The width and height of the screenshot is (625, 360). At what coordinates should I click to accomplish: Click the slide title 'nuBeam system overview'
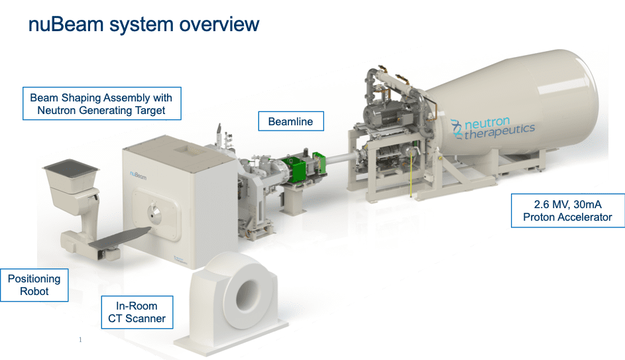[144, 25]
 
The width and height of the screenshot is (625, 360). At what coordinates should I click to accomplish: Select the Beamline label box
[291, 121]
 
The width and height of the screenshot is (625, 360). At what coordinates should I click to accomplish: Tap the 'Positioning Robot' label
[34, 285]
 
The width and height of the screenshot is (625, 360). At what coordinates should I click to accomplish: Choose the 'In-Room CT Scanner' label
[137, 312]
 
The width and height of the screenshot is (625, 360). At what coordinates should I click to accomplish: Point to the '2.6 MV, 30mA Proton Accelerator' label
[567, 211]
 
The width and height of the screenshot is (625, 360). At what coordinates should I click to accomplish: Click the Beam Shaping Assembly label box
[101, 103]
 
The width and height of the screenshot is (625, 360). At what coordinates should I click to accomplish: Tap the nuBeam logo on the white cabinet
[138, 175]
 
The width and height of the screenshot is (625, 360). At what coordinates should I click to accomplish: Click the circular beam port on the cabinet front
[154, 213]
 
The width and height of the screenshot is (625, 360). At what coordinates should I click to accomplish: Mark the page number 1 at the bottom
[80, 339]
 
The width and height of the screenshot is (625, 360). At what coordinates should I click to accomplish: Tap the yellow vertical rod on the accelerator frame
[411, 176]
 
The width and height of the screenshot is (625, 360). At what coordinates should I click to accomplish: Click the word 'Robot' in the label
[34, 292]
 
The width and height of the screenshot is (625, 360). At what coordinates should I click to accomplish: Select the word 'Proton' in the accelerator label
[538, 217]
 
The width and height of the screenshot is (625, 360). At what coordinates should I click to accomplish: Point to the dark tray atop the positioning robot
[70, 167]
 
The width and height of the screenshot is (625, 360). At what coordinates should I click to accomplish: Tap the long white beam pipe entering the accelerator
[341, 158]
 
